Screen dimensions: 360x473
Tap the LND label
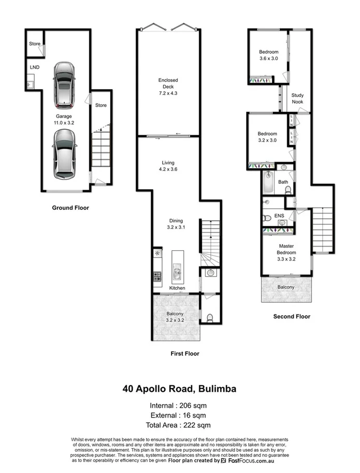point(35,67)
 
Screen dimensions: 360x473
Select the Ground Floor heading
point(70,208)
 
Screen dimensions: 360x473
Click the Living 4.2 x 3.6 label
point(168,166)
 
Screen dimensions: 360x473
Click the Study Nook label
point(297,98)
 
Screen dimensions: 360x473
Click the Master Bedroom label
point(286,249)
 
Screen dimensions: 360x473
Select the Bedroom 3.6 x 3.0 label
point(268,55)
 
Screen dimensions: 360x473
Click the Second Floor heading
point(291,316)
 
